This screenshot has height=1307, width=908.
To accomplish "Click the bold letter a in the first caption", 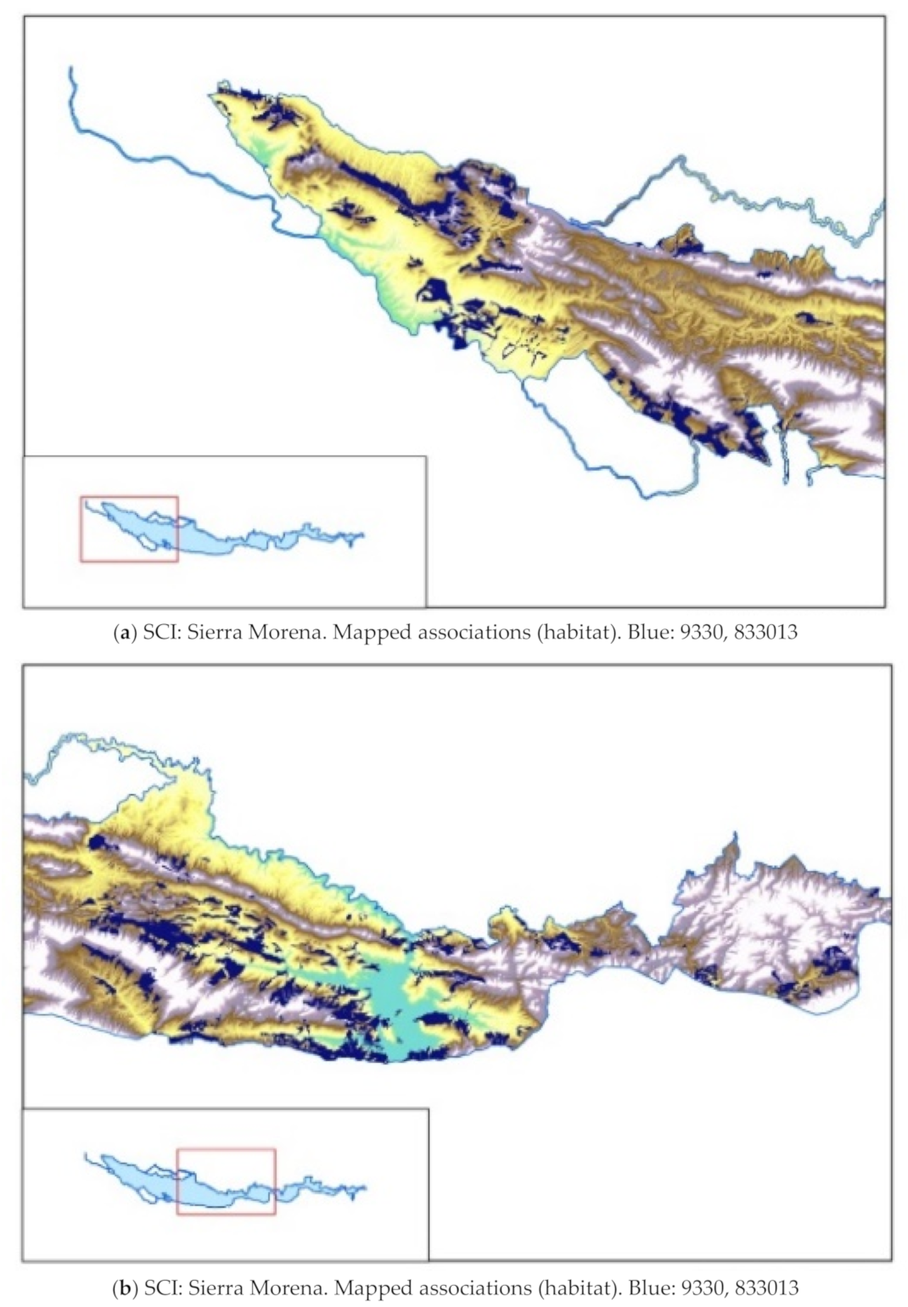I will [124, 632].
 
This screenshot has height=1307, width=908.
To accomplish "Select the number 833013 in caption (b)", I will [766, 1288].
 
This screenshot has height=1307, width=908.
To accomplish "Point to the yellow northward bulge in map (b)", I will [182, 797].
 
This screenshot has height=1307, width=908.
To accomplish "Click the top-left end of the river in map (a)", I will [71, 69].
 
